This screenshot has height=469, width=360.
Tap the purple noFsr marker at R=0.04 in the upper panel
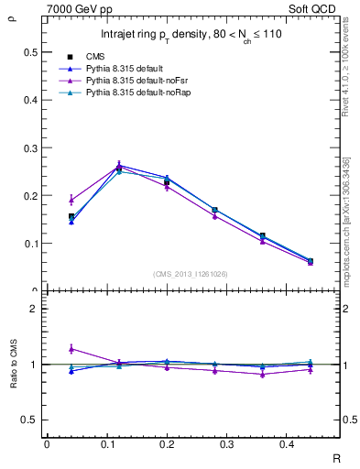[71, 200]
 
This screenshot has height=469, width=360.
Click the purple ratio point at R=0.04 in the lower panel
[71, 349]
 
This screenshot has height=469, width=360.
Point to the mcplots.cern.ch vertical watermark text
[349, 220]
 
